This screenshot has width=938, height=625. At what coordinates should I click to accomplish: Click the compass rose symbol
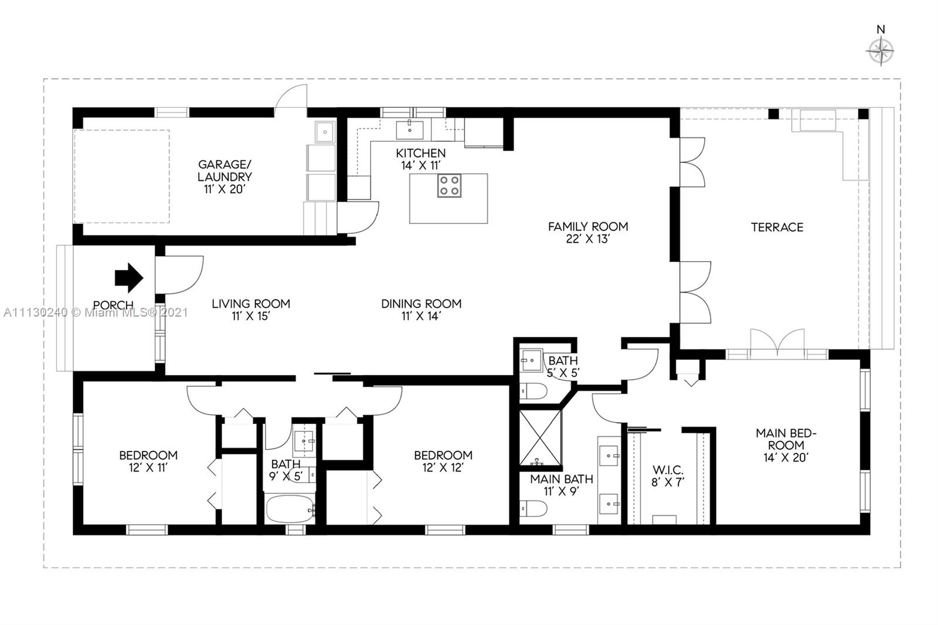point(880,52)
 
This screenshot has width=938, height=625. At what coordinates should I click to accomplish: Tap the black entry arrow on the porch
point(129,278)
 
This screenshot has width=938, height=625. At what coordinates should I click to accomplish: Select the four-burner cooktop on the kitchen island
point(449,186)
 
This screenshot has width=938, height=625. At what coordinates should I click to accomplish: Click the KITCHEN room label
point(421,153)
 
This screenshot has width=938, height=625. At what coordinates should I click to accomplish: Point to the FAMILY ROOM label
point(588,227)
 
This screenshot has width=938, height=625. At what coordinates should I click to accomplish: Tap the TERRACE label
point(777,227)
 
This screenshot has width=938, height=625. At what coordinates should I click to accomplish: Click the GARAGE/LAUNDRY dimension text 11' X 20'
point(225,189)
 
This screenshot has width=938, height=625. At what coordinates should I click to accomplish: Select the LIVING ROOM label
point(251,304)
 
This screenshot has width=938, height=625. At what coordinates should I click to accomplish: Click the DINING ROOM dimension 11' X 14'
point(422,316)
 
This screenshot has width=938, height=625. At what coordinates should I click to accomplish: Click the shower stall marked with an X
point(540,437)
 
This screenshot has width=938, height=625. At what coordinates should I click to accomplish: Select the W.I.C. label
point(668,470)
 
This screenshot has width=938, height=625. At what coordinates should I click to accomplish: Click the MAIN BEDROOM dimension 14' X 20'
point(786,457)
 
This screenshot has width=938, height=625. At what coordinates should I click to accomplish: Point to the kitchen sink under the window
point(410,130)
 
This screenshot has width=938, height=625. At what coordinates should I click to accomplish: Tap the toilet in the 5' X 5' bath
point(533,391)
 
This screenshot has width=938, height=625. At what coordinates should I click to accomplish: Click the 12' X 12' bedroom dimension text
point(443,468)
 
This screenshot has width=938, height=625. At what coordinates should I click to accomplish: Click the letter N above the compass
point(881,30)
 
